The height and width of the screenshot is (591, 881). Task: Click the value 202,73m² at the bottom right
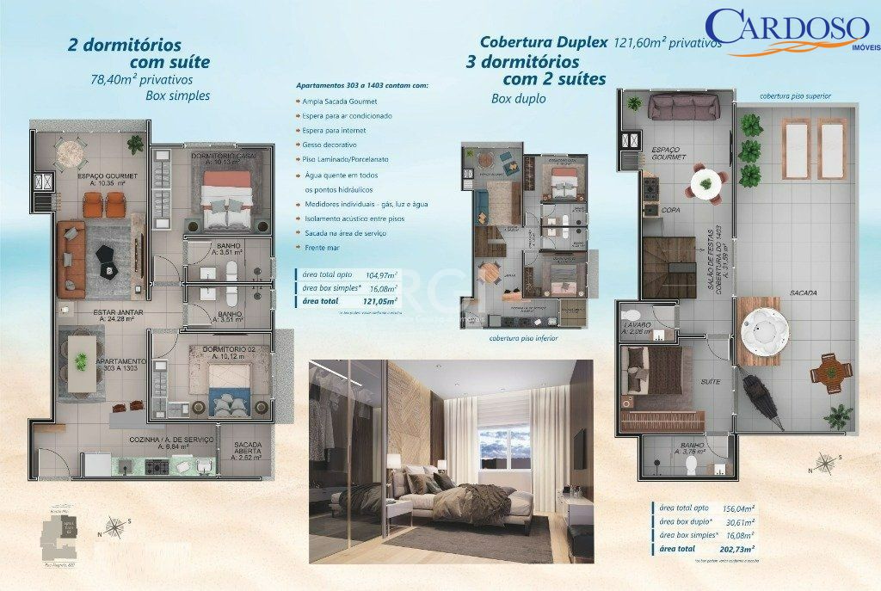tap(737, 547)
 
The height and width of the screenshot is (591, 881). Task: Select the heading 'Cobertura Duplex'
tap(544, 41)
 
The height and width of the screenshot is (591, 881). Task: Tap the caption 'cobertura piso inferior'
tap(523, 339)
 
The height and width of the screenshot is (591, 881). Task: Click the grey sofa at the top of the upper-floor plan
tap(683, 107)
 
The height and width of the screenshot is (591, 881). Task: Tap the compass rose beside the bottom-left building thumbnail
tap(114, 526)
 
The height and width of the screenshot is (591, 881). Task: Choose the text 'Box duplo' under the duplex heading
tap(518, 99)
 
